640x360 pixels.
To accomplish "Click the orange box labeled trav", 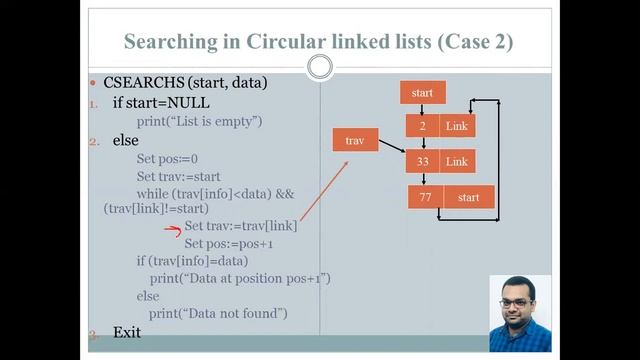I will click(x=355, y=141).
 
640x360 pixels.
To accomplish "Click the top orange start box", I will click(x=422, y=93).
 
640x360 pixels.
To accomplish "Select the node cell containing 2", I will click(x=423, y=126).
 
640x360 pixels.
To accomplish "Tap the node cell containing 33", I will click(x=423, y=161).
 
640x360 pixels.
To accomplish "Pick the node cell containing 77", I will click(x=425, y=198).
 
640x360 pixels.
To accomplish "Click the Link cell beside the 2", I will click(x=457, y=126).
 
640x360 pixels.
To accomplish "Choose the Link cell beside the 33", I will click(x=457, y=161).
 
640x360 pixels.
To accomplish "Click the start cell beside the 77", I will click(x=468, y=198).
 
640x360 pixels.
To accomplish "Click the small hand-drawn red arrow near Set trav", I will click(x=171, y=228).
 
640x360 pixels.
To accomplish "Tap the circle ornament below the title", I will click(x=320, y=67).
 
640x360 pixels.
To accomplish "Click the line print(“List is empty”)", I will click(x=199, y=121).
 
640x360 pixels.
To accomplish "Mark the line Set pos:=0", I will click(x=167, y=158).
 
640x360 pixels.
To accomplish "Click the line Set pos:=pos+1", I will click(x=229, y=243).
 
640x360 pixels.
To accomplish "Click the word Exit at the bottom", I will click(x=126, y=331).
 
